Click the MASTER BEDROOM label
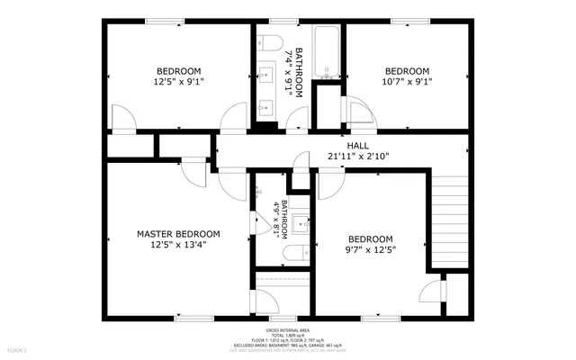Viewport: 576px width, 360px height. pyautogui.click(x=178, y=234)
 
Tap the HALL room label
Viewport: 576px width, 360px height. pyautogui.click(x=358, y=145)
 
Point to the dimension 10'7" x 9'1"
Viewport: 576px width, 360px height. pyautogui.click(x=408, y=81)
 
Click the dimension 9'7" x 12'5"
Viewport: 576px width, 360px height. pyautogui.click(x=372, y=249)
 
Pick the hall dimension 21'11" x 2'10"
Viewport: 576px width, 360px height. pyautogui.click(x=358, y=155)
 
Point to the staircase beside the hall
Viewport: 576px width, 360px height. pyautogui.click(x=450, y=217)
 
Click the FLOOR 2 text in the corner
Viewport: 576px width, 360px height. pyautogui.click(x=17, y=349)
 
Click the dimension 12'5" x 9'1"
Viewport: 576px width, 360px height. pyautogui.click(x=178, y=81)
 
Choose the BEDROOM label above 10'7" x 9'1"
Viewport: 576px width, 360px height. pyautogui.click(x=408, y=71)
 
